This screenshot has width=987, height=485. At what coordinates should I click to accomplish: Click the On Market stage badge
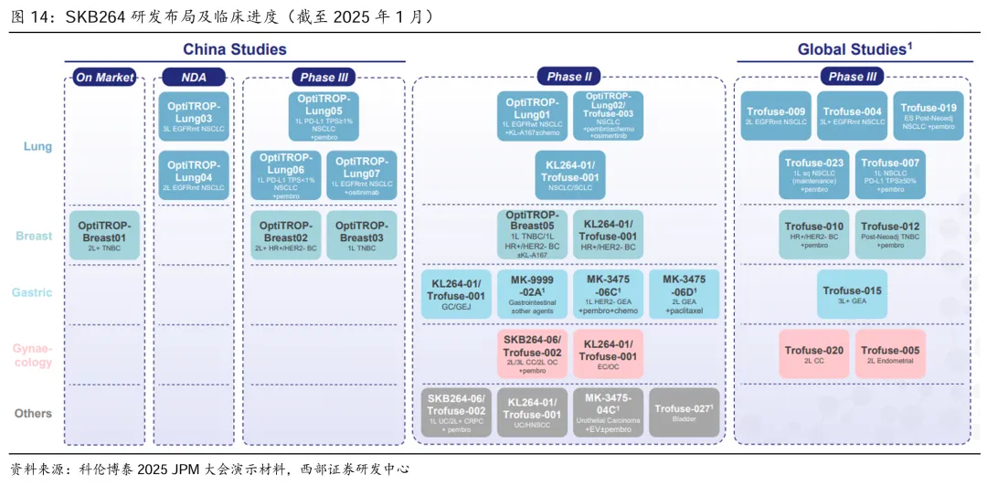104,78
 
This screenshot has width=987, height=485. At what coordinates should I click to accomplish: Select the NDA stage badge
194,78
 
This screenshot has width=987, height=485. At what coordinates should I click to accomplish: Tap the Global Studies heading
854,49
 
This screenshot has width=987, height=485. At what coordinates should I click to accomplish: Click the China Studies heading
235,49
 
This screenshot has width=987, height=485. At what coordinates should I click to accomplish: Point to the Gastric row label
32,293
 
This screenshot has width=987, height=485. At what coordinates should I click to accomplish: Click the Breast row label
34,236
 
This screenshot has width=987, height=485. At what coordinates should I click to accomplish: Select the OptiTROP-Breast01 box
105,236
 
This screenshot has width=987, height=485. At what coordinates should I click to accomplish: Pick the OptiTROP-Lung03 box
194,117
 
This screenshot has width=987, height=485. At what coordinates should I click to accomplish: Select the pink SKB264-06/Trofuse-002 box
532,353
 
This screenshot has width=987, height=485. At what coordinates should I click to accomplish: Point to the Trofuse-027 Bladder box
685,413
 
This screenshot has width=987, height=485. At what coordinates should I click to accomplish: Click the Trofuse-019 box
928,115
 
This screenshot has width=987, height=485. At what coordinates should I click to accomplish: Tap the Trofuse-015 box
852,294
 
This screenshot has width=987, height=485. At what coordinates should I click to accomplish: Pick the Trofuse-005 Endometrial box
890,353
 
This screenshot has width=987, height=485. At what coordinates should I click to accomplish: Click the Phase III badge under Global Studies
852,78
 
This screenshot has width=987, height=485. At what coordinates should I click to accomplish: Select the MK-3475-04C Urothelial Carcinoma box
609,413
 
